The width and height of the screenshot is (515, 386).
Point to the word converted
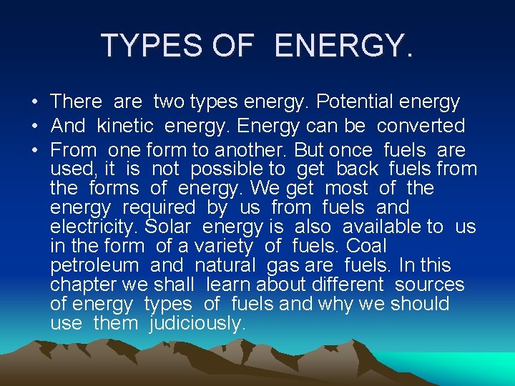pyautogui.click(x=421, y=126)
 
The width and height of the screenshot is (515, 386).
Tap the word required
pyautogui.click(x=158, y=208)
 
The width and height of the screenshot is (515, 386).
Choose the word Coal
pyautogui.click(x=366, y=247)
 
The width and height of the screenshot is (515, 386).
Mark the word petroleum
pyautogui.click(x=94, y=266)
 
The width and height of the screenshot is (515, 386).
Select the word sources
pyautogui.click(x=429, y=285)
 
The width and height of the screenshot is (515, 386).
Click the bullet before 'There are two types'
pyautogui.click(x=34, y=102)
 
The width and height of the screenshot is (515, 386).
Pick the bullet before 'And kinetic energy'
pyautogui.click(x=34, y=127)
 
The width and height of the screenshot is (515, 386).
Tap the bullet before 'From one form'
pyautogui.click(x=34, y=151)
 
